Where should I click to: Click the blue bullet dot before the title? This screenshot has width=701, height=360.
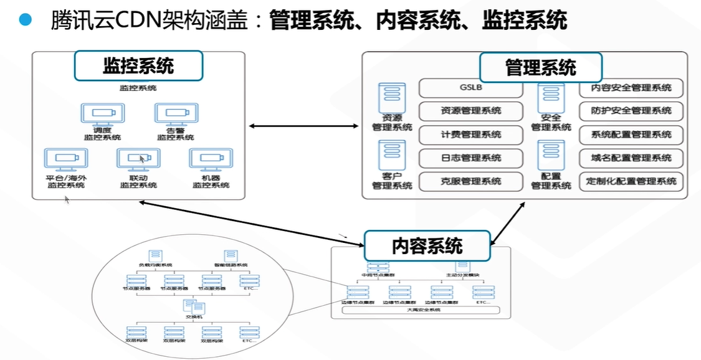(25, 20)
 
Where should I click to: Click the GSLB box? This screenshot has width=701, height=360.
(470, 88)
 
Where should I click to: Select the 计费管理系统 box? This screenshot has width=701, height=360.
(470, 135)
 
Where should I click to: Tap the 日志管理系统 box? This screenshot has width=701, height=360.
(470, 158)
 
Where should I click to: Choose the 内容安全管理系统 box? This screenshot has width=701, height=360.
(631, 88)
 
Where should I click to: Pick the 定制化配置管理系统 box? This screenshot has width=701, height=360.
(631, 181)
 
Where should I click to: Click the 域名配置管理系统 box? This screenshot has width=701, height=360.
(631, 158)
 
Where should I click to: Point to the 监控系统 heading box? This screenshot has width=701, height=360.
(138, 66)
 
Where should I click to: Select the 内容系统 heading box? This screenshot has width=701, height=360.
(427, 245)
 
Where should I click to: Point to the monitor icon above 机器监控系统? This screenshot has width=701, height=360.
(211, 159)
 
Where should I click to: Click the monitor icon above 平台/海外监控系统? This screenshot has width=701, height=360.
(66, 159)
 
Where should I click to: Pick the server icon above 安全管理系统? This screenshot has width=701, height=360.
(551, 97)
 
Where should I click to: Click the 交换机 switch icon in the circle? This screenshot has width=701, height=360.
(190, 306)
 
